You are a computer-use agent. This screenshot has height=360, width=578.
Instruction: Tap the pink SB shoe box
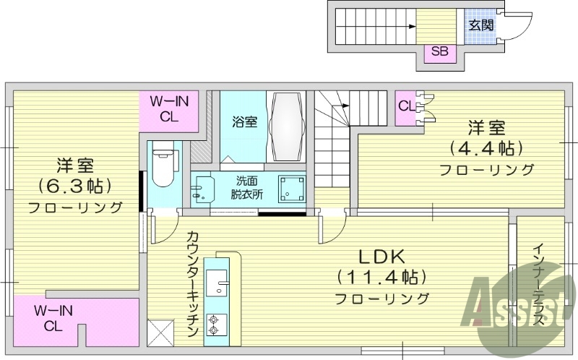click(439, 51)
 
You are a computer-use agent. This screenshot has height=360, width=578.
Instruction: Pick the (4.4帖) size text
click(486, 149)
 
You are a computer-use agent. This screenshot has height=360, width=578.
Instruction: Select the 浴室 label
click(244, 121)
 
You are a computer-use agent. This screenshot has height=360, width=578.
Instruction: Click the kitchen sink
click(218, 286)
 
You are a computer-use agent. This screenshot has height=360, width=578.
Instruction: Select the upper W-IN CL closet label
click(169, 108)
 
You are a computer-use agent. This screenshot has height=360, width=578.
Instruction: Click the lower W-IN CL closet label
click(54, 318)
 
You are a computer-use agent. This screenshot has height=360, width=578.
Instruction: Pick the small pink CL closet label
click(406, 106)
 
